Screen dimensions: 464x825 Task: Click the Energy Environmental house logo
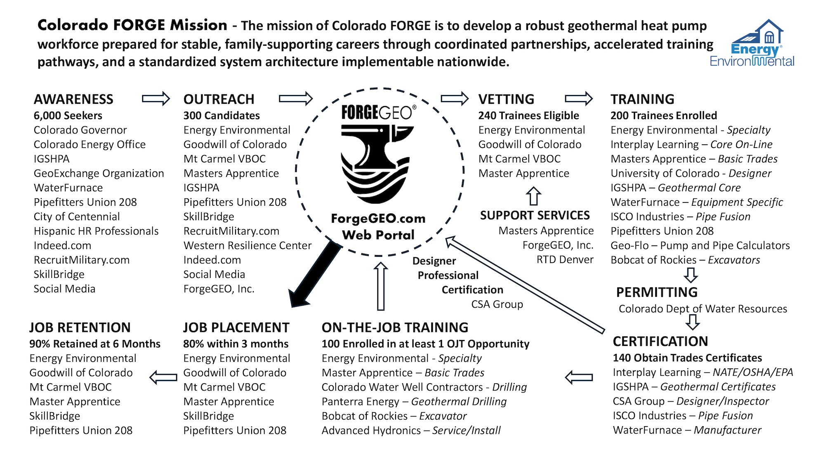tap(752, 43)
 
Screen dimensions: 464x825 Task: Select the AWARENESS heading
tap(73, 99)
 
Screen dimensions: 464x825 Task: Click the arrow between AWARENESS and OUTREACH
tap(156, 99)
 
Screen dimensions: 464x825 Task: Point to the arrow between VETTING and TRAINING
tap(578, 99)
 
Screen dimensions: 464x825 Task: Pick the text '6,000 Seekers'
tap(68, 115)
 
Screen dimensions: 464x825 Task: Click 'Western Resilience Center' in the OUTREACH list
tap(247, 245)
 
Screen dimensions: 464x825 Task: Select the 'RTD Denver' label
tap(565, 260)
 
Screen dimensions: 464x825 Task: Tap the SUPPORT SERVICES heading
tap(535, 215)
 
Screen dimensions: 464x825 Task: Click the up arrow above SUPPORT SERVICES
tap(533, 196)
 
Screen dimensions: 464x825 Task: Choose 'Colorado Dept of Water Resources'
tap(702, 309)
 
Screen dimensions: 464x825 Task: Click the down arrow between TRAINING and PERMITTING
tap(691, 275)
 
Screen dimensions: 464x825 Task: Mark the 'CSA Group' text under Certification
tap(497, 304)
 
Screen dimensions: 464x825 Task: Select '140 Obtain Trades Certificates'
tap(687, 358)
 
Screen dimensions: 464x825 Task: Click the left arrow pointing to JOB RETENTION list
tap(163, 377)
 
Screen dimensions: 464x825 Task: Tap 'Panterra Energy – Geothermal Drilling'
tap(414, 402)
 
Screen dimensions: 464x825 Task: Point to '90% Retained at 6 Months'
tap(95, 344)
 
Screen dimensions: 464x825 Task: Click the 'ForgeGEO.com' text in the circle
tap(378, 219)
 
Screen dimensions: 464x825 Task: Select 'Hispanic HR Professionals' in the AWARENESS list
tap(96, 231)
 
